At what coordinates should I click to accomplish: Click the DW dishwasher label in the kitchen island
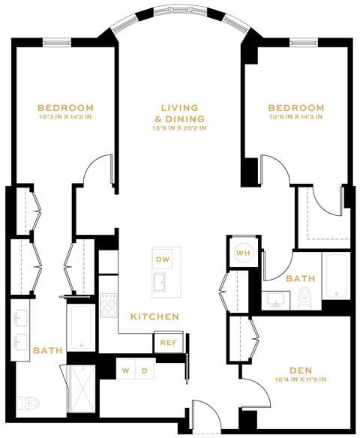point(163,259)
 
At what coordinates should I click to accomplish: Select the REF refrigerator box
point(166,343)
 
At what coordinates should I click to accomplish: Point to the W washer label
point(127,370)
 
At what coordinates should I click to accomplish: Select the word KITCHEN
point(155,317)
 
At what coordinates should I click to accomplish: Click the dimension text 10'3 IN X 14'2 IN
point(67,117)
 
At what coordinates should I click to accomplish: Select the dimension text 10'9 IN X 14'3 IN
point(296,117)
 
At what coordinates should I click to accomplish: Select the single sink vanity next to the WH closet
point(274,298)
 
